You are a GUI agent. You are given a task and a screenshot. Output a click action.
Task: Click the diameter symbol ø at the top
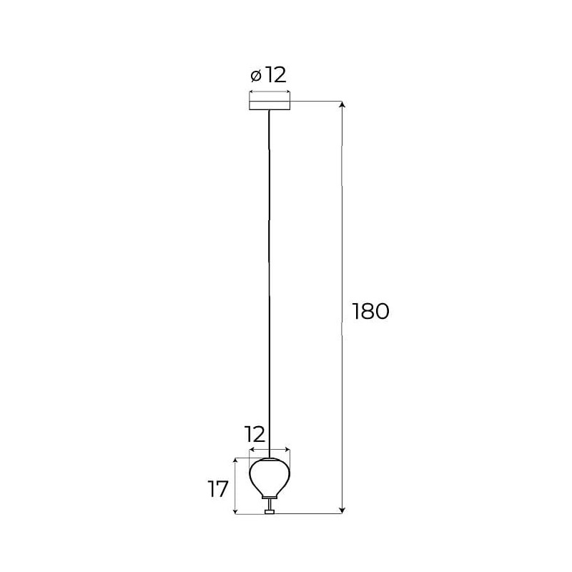[x=256, y=76]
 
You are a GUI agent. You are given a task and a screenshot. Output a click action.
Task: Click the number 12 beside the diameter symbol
[x=275, y=75]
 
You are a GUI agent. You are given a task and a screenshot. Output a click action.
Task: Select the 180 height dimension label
[x=370, y=312]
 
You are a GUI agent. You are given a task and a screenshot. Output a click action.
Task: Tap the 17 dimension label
[x=218, y=489]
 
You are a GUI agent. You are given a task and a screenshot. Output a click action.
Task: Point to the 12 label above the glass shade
[x=255, y=434]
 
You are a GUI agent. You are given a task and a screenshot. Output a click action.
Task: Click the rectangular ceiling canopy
[x=270, y=105]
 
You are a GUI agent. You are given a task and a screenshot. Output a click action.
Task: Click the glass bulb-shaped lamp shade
[x=270, y=477]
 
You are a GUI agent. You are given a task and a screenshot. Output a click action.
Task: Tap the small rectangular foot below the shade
[x=270, y=511]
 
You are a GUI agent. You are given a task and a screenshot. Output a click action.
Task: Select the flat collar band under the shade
[x=270, y=498]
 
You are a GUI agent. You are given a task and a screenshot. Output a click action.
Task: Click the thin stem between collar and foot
[x=270, y=505]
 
